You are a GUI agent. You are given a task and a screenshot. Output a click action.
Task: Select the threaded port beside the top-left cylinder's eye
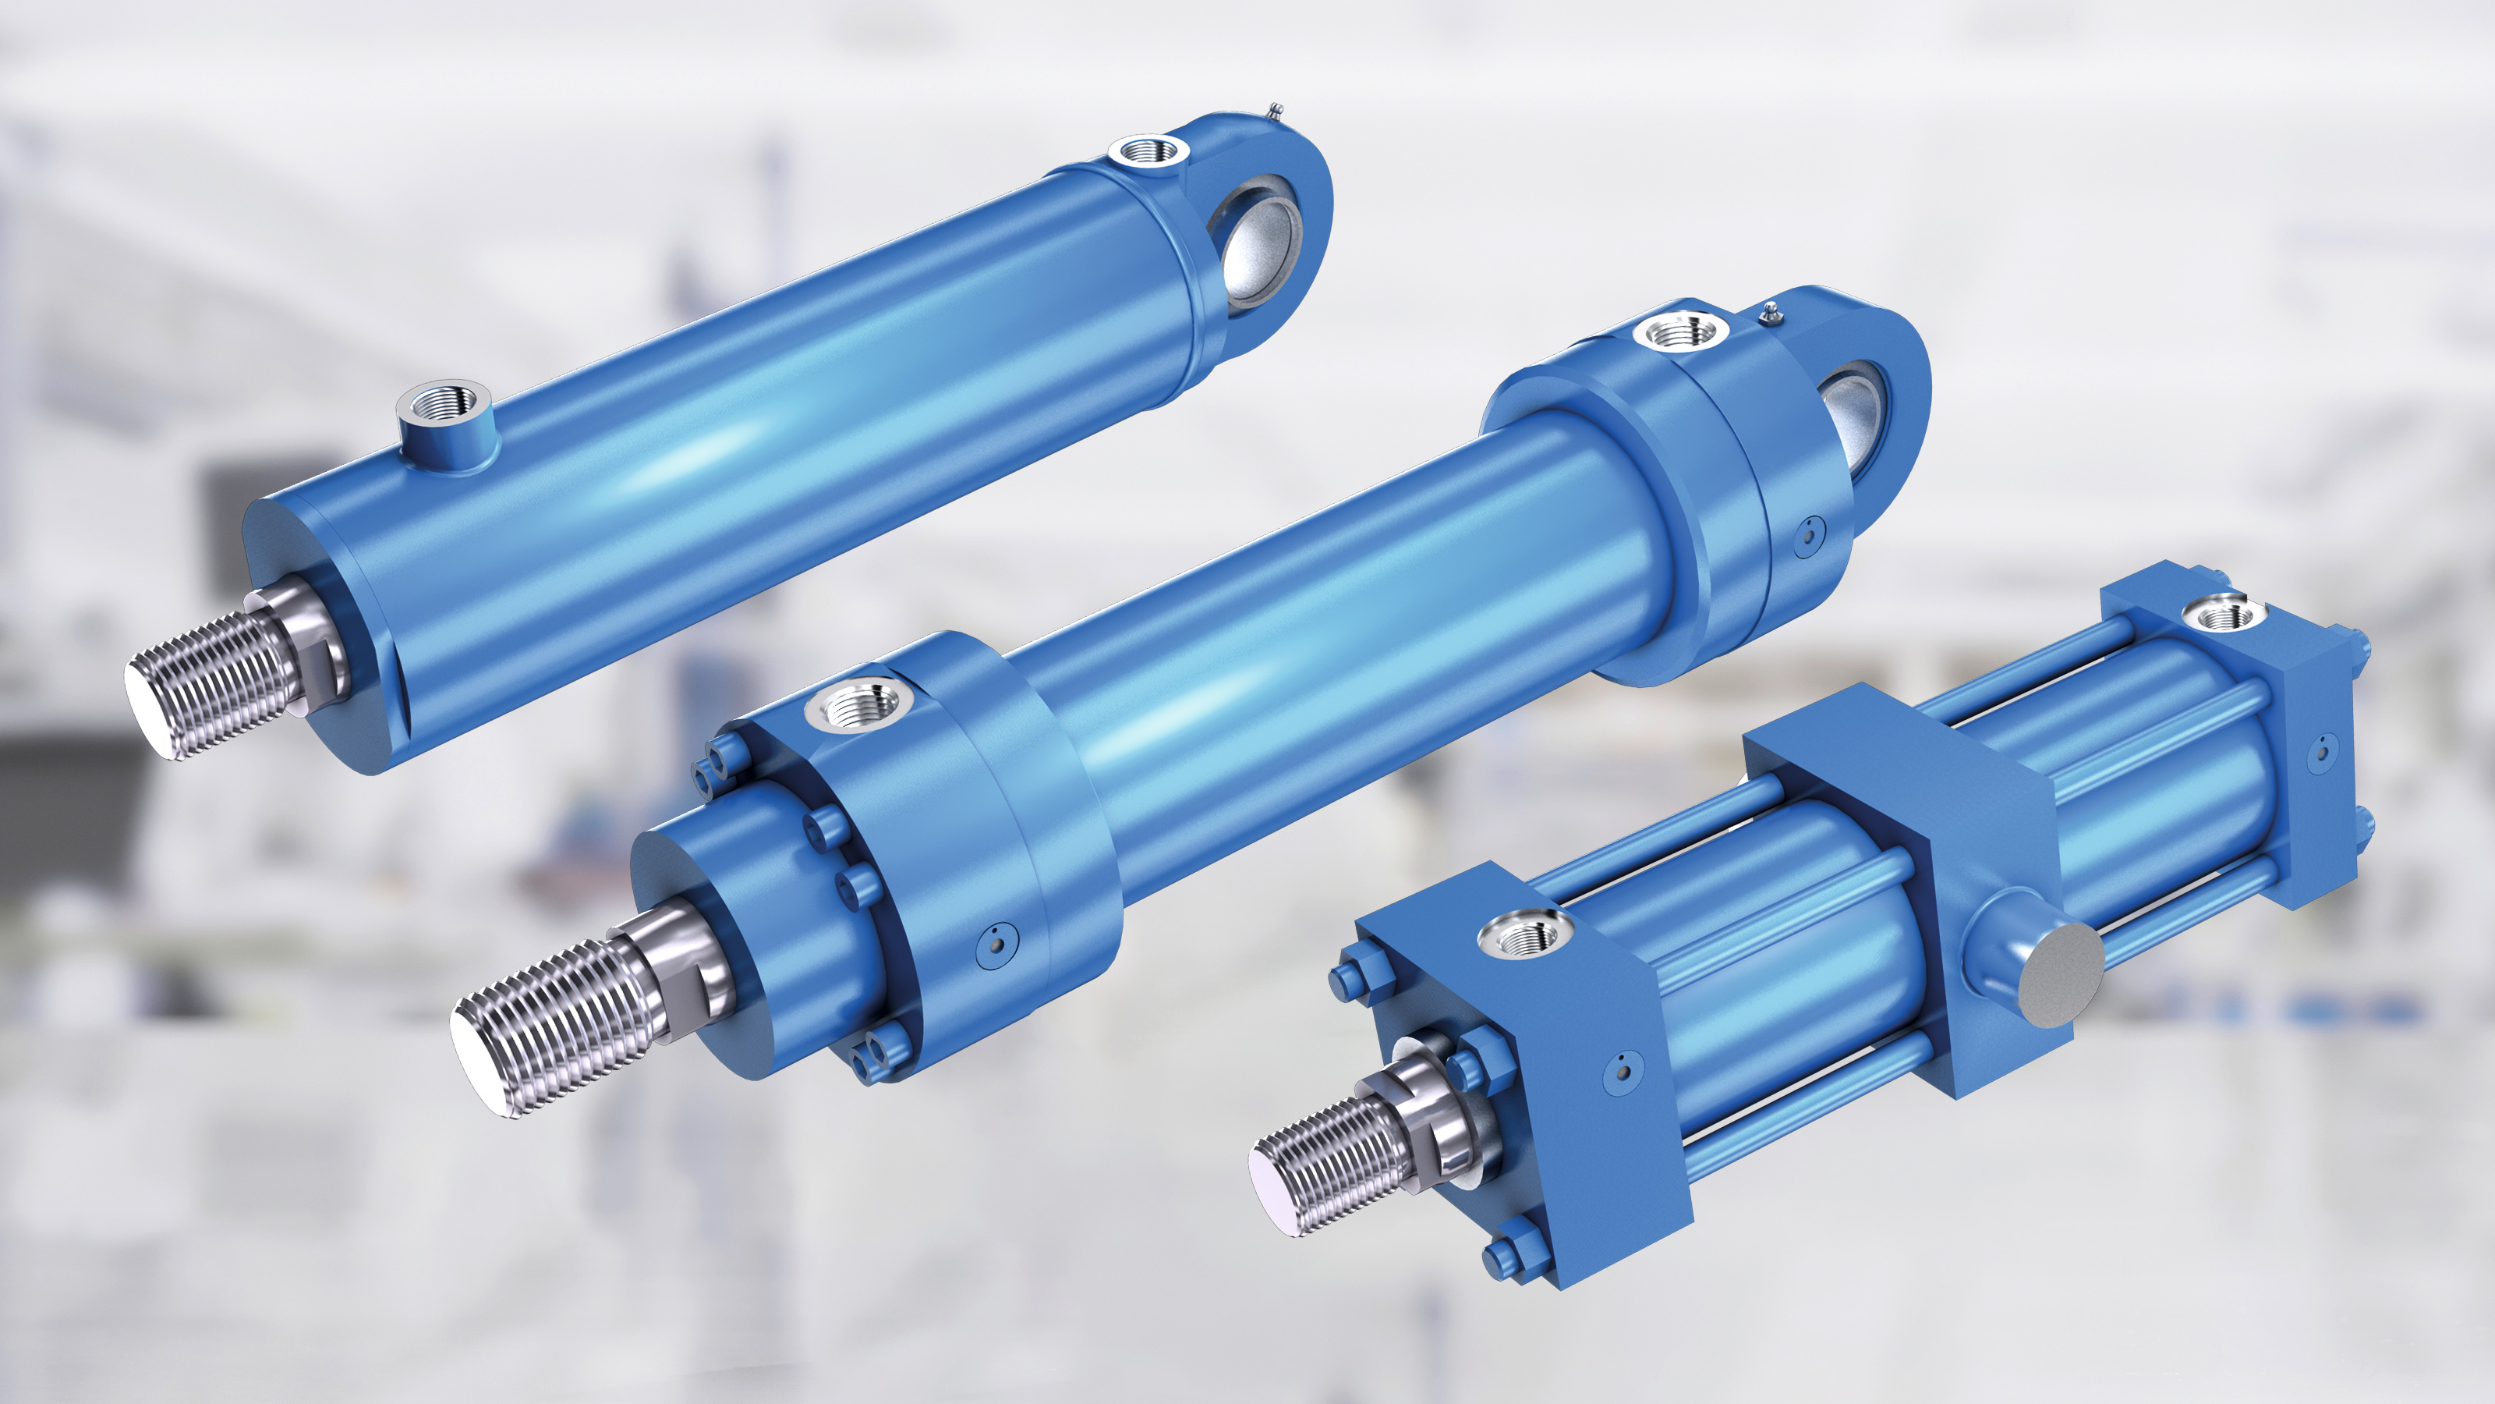1148,151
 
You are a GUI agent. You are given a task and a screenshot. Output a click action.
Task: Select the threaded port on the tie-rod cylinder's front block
1526,934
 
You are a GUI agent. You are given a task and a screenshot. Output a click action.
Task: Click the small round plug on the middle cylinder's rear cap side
1807,536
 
